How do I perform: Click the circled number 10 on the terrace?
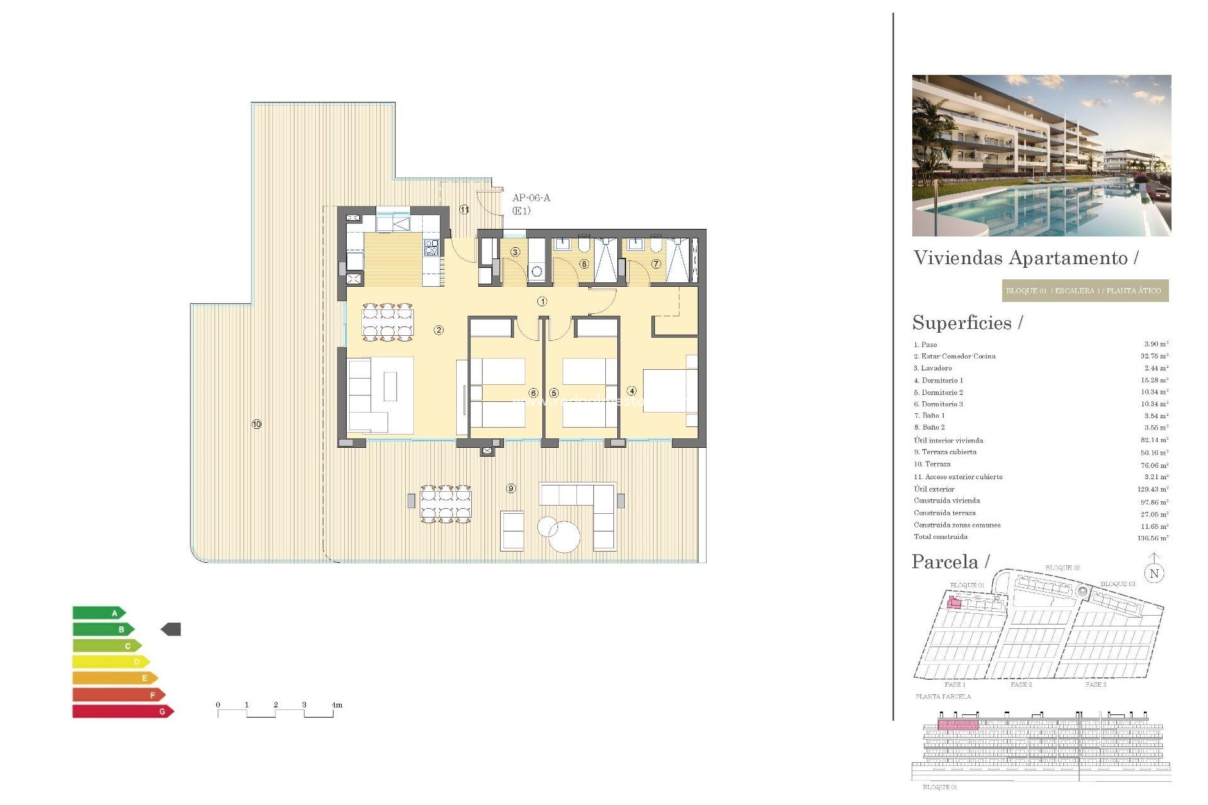point(257,425)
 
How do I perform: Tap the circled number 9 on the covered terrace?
point(511,489)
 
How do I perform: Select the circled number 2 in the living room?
point(439,330)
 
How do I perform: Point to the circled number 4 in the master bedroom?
point(632,391)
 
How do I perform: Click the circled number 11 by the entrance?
point(464,209)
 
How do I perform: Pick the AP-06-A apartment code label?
point(531,198)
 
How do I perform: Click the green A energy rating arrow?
point(99,613)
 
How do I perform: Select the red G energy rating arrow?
point(123,711)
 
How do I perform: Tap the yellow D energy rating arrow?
point(111,662)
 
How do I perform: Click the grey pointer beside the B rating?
point(171,629)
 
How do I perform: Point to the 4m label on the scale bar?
point(337,705)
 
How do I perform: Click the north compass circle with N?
point(1154,573)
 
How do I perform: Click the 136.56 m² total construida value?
point(1153,538)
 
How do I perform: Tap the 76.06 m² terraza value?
point(1155,465)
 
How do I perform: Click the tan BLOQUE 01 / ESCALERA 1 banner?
point(1085,291)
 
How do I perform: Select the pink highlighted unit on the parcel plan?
point(954,603)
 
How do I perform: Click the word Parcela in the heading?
point(945,562)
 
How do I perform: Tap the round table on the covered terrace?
point(564,536)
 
